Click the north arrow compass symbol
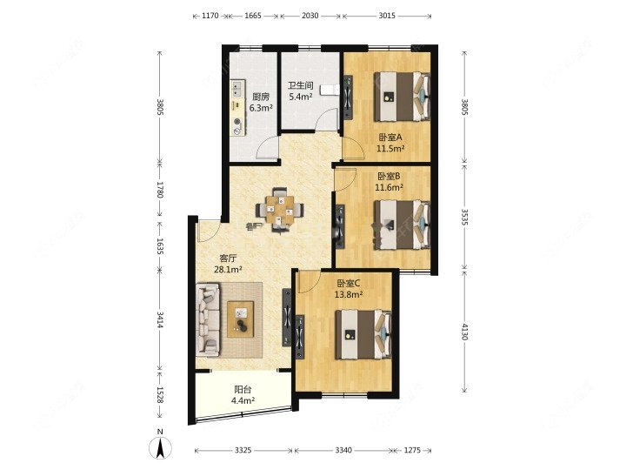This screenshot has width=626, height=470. [x=160, y=447]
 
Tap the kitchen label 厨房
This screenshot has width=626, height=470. [x=261, y=97]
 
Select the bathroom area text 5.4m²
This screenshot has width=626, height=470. [x=300, y=97]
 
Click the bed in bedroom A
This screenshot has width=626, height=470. [x=402, y=96]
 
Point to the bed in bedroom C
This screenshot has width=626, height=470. [x=363, y=334]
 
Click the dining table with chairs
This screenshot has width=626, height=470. [x=280, y=209]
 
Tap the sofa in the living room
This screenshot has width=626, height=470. [x=208, y=319]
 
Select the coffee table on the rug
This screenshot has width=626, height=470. [x=240, y=319]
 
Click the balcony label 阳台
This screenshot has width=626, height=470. [x=243, y=389]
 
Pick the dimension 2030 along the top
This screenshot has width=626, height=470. [x=310, y=16]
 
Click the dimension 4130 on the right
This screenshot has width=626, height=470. [x=464, y=332]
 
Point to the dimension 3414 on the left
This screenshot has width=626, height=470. [x=160, y=319]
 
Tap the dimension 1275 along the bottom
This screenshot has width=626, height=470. [x=412, y=450]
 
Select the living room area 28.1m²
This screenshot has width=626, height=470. [x=228, y=269]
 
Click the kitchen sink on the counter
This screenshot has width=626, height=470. [x=237, y=89]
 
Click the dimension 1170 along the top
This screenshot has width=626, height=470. [x=210, y=16]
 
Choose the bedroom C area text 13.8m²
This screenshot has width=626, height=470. [x=349, y=295]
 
